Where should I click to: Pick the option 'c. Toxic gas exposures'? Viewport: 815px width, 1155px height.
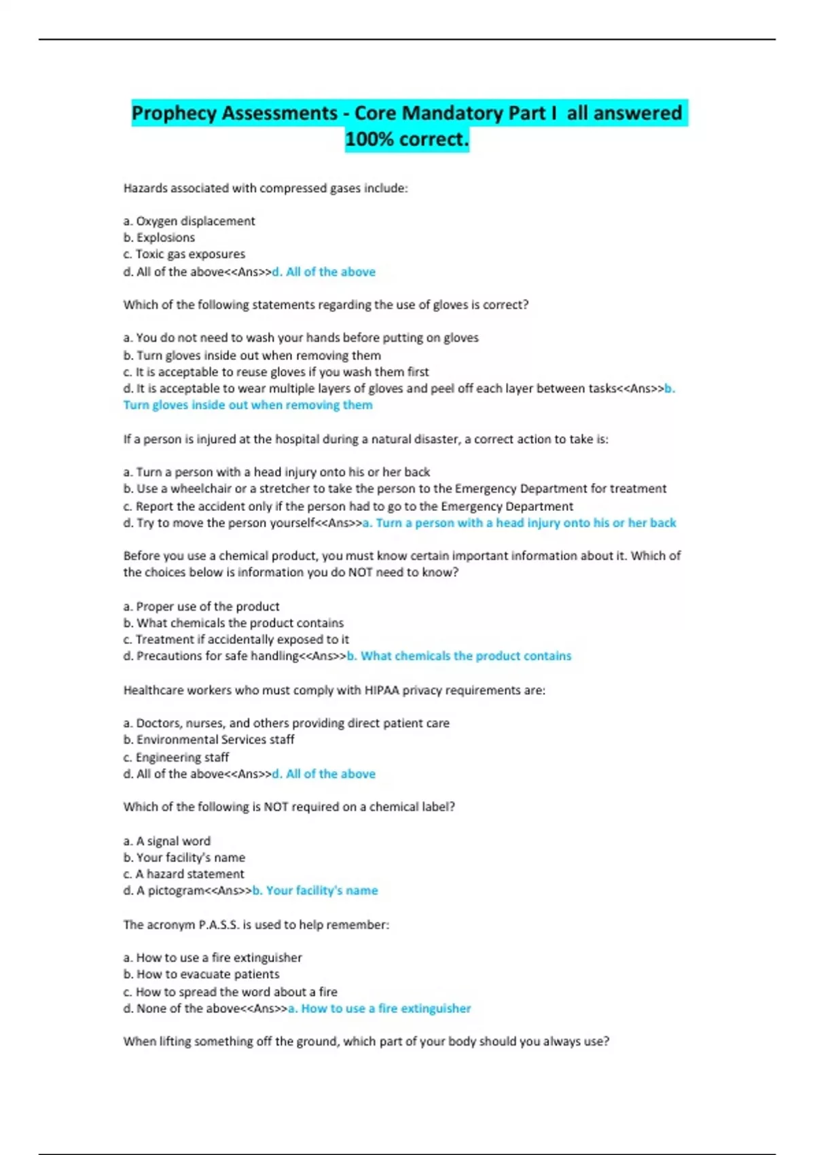tap(184, 254)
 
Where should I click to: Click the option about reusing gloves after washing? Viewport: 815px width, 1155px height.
tap(276, 372)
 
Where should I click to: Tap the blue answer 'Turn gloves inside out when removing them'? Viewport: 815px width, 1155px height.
tap(248, 405)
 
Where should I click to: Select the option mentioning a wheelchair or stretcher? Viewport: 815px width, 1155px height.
tap(395, 488)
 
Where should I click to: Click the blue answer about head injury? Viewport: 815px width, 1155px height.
tap(520, 523)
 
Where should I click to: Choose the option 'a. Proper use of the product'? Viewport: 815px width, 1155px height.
tap(201, 606)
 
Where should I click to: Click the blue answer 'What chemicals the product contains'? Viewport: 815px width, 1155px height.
tap(459, 656)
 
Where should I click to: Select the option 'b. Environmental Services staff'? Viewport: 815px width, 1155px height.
tap(209, 739)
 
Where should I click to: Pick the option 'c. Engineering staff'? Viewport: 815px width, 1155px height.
tap(176, 757)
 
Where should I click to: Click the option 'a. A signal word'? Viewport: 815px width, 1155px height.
tap(167, 840)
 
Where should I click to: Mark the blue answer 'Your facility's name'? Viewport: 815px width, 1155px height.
tap(315, 890)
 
